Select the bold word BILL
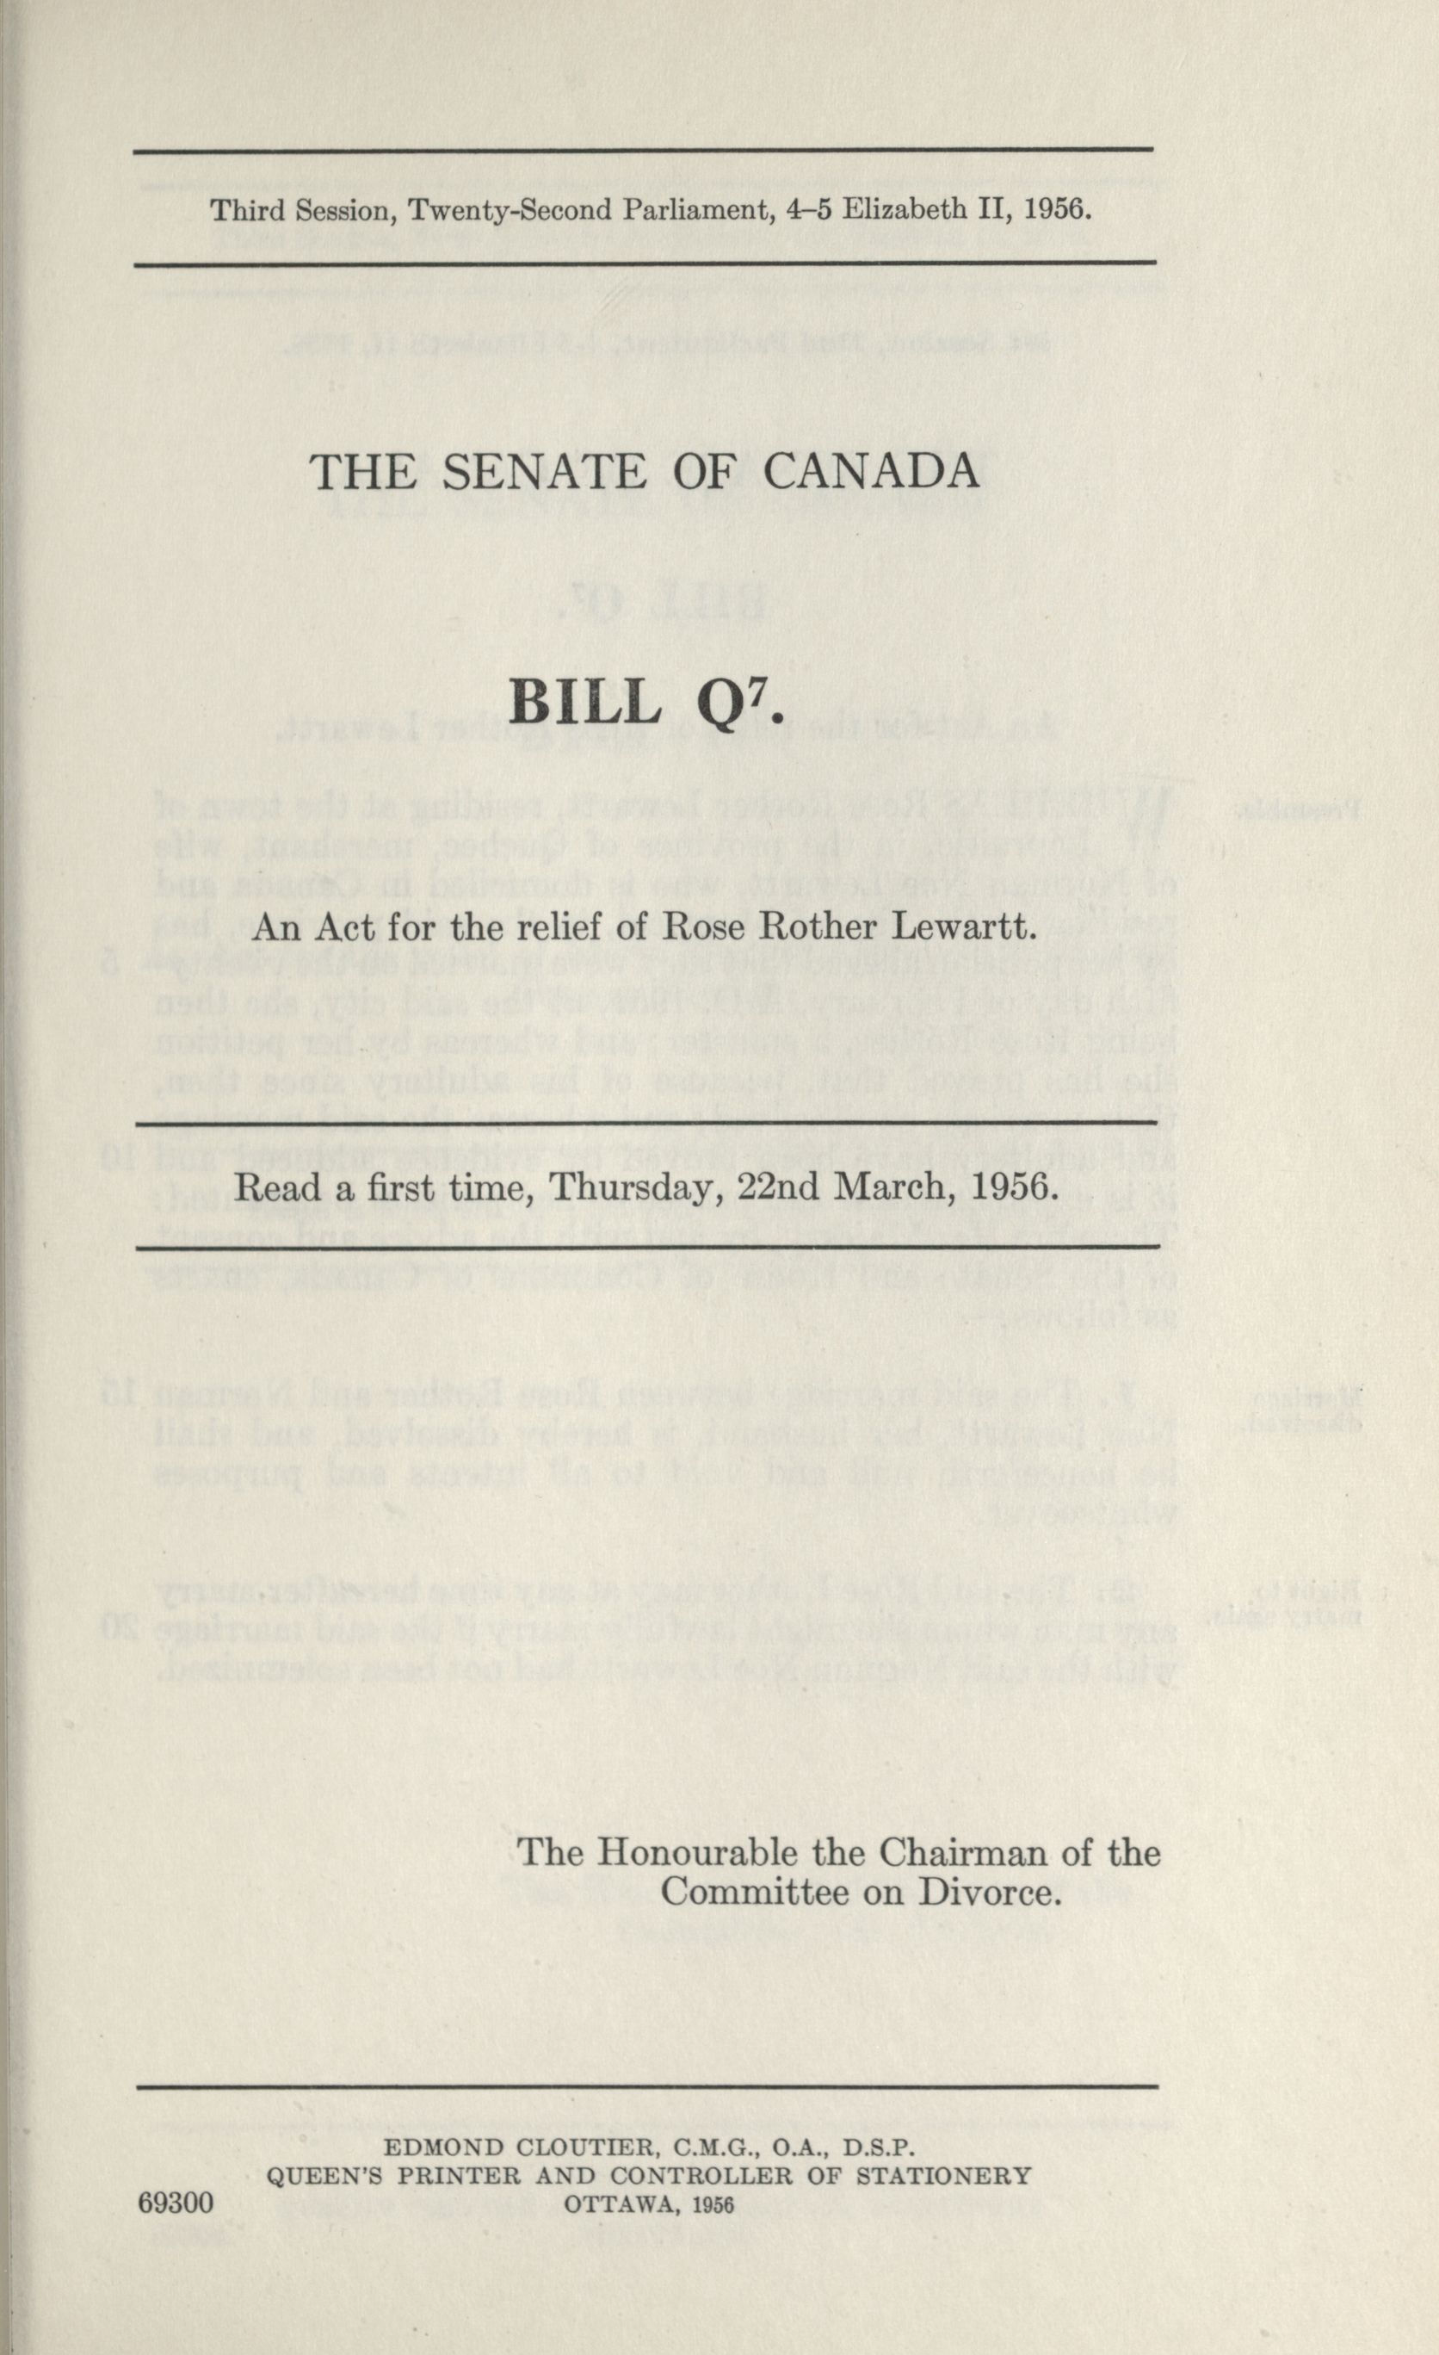click(x=584, y=704)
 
